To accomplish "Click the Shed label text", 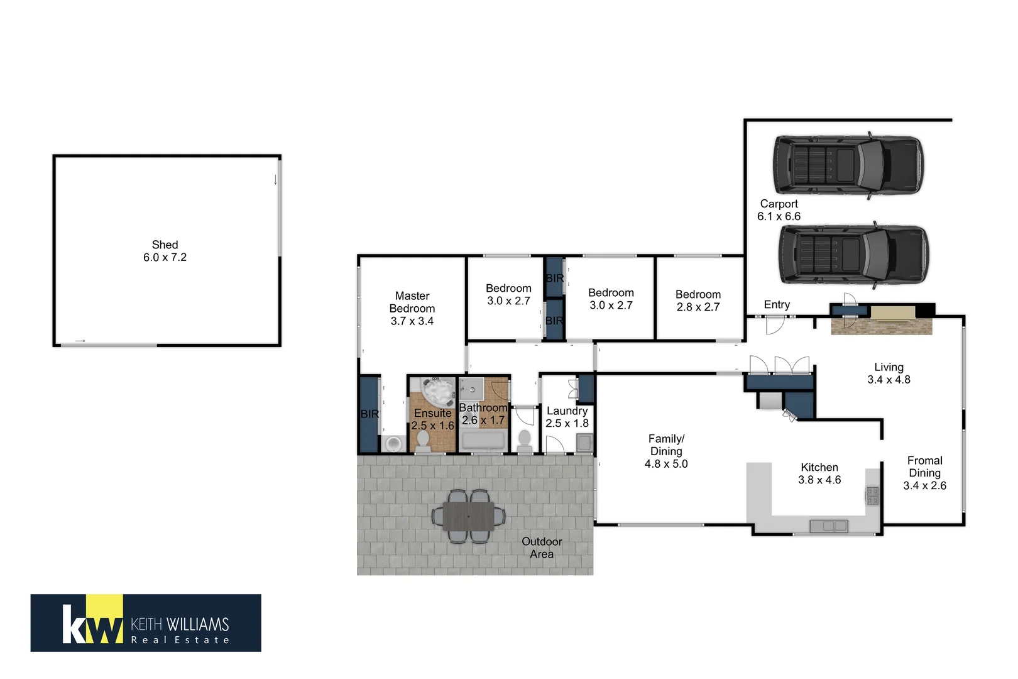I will coord(165,251).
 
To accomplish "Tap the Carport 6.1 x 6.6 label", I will coord(779,210).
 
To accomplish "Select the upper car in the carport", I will coord(848,165).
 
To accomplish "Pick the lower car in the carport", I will coord(853,254).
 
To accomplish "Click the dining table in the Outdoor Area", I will coord(469,516).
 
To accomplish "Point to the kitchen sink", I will coord(828,526).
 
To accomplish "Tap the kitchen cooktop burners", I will coord(872,495).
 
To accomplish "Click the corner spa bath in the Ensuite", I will coord(437,392).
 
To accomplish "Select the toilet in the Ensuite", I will coord(423,441).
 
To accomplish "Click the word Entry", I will coord(777,304).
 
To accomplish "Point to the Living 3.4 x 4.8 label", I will coord(889,373).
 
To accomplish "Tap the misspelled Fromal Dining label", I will coord(924,473).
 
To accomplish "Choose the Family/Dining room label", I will coord(666,451).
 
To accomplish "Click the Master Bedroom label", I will coord(412,308).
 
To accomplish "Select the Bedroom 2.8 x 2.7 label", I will coord(698,301).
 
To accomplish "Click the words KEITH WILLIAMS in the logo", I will coord(180,624).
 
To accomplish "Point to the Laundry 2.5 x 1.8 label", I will coord(567,417).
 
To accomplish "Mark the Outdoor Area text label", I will coord(542,548).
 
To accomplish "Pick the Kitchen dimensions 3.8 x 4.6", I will coord(819,480).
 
